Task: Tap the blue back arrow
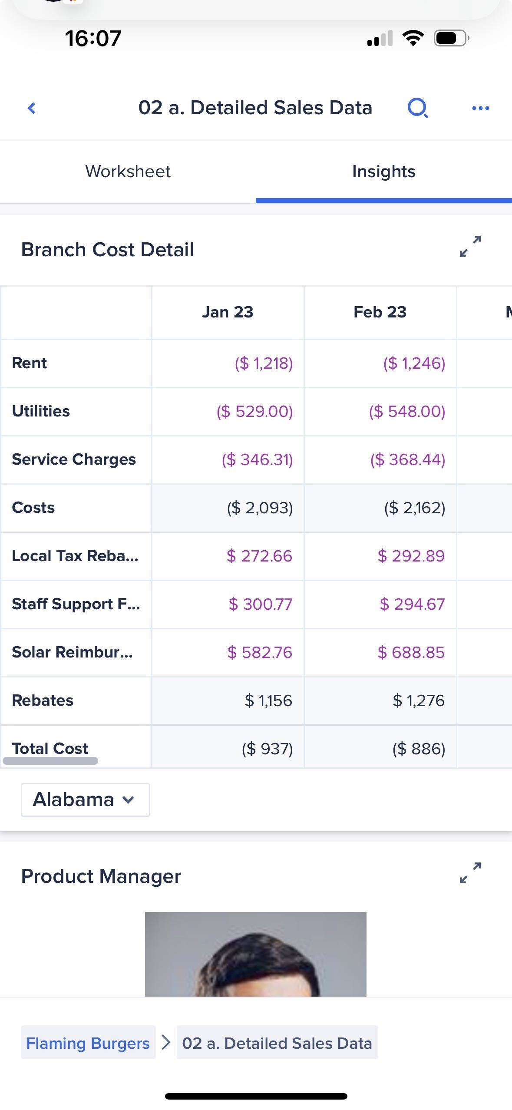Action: (31, 108)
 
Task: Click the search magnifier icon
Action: (418, 108)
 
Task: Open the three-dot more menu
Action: (480, 108)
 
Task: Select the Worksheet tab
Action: (128, 172)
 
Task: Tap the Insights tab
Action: (383, 172)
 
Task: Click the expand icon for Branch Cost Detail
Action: (470, 246)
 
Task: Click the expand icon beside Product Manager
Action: (470, 872)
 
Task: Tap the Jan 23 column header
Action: (228, 312)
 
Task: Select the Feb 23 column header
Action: (380, 312)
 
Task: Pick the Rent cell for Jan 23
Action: (264, 363)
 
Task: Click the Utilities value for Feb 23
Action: (407, 411)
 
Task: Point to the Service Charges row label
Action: (74, 459)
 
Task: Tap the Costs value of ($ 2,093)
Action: (260, 508)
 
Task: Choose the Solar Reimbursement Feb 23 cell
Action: (411, 652)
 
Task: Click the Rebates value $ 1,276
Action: (419, 700)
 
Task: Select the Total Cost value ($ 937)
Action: (267, 749)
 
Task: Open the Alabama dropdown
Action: (85, 799)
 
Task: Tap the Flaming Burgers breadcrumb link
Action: (88, 1043)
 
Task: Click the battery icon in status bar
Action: (451, 38)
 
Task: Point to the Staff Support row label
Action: (76, 604)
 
